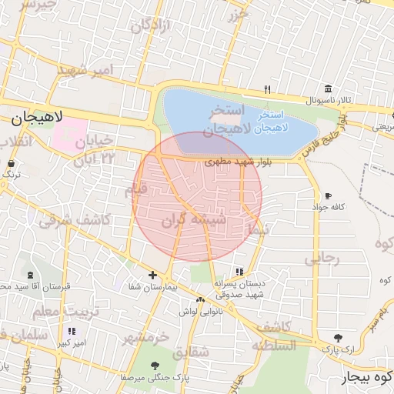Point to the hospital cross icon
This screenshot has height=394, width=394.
click(x=152, y=275)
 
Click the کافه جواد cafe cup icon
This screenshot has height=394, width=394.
click(x=329, y=196)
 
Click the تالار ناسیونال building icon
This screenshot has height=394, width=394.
click(x=329, y=89)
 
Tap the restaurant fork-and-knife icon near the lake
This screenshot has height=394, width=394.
click(x=267, y=88)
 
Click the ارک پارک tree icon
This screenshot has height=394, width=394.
click(x=338, y=337)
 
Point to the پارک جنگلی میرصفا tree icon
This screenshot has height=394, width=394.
click(x=155, y=366)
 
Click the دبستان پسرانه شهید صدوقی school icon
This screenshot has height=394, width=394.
click(x=239, y=272)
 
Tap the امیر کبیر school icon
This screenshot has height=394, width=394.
click(x=72, y=332)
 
